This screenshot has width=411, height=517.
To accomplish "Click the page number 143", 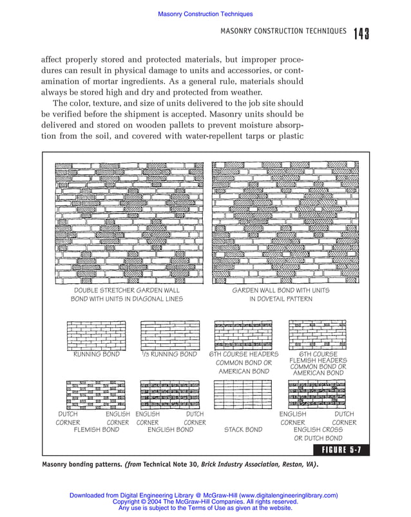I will (x=361, y=33).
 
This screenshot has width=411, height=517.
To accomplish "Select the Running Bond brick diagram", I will (x=96, y=335).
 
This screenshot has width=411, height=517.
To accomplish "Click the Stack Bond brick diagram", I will (x=243, y=394).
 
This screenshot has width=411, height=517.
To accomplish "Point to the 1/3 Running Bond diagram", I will (x=169, y=335).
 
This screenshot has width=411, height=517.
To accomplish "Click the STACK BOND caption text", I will (x=243, y=429).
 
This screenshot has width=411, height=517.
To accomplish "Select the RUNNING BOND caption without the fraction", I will (x=96, y=354).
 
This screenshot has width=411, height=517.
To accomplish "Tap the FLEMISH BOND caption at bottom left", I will (x=96, y=429).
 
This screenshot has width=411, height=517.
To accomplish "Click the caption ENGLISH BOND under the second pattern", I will (x=170, y=429).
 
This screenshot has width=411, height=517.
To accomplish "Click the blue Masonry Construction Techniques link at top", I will (x=205, y=14).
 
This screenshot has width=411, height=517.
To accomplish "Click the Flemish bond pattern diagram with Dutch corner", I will (x=96, y=394).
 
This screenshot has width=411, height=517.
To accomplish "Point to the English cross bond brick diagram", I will (x=318, y=394).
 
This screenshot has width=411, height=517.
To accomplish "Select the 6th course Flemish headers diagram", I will (x=318, y=335).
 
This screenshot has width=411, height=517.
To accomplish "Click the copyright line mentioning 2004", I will (x=205, y=502).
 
